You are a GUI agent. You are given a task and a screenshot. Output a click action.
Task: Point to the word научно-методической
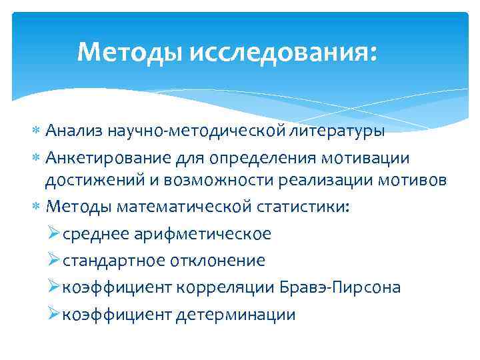coord(199,131)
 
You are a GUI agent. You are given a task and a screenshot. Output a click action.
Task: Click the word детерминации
coord(235,314)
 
